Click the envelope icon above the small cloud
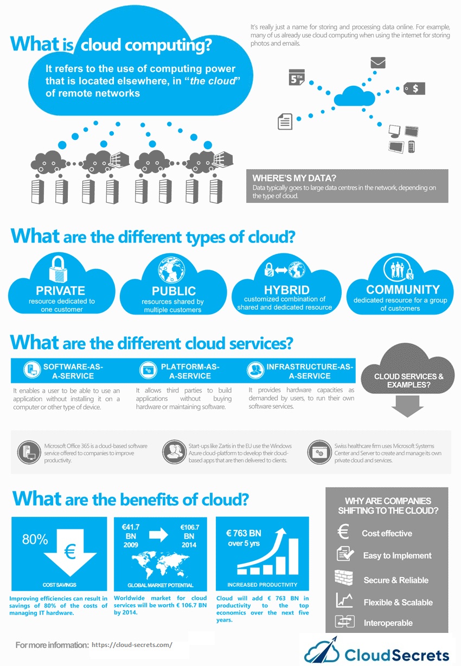tap(377, 62)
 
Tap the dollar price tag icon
tap(414, 88)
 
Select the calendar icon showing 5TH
tap(297, 78)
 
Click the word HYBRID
tap(286, 289)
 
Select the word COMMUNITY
tap(402, 290)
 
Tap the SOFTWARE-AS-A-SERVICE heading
tap(73, 372)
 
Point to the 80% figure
tap(35, 539)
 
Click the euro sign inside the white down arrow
tap(69, 552)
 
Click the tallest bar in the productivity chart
tap(294, 556)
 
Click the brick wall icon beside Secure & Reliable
tap(343, 579)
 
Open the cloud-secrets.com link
tap(132, 645)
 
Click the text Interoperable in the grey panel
tap(388, 623)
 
